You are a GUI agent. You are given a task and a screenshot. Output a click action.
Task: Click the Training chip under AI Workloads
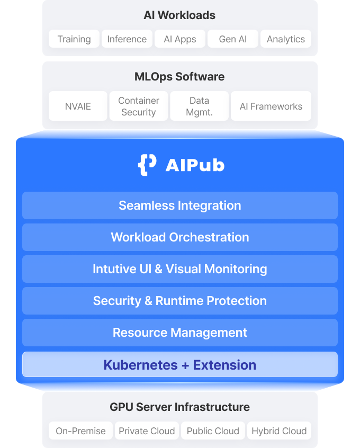74,39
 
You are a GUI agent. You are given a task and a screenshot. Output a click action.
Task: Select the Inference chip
127,39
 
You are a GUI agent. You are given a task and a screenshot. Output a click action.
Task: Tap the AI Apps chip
180,39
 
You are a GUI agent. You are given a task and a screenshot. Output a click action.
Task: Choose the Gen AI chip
233,39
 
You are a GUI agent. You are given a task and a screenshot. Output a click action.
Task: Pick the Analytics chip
286,39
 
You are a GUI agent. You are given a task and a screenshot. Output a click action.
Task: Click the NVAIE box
78,106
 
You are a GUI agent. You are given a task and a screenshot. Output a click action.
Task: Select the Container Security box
139,106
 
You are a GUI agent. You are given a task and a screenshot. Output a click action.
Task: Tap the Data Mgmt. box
200,106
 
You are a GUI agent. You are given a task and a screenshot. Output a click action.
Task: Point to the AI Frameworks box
271,106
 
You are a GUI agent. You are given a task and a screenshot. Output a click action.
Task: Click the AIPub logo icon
147,165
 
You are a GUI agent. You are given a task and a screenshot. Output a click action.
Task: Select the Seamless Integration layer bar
180,205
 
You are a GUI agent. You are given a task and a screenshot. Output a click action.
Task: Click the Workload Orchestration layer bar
180,237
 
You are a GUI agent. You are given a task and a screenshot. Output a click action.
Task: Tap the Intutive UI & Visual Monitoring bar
180,269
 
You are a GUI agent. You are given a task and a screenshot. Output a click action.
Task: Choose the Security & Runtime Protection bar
180,301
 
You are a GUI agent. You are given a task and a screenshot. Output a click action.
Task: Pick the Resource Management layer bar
180,333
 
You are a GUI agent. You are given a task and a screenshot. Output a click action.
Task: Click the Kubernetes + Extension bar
180,365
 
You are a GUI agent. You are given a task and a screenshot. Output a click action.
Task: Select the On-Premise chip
80,431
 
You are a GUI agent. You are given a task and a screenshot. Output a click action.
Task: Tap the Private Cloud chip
147,431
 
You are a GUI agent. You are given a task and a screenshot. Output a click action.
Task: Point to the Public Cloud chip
213,431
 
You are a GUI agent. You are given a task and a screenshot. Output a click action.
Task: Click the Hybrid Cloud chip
279,431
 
